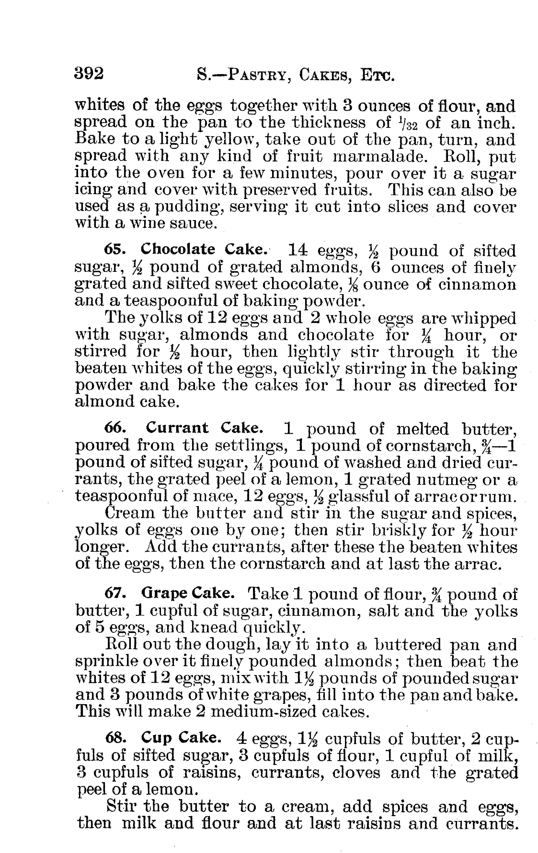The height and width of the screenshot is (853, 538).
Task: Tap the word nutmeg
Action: (x=441, y=480)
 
